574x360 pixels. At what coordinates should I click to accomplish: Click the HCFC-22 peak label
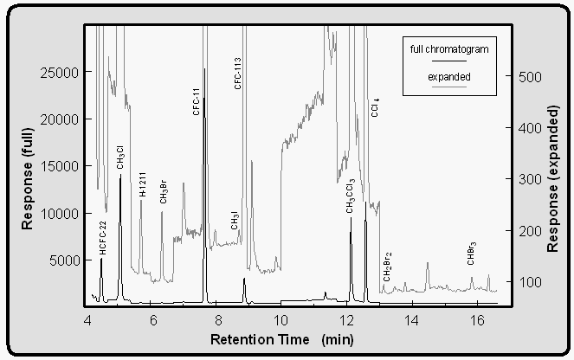tap(102, 236)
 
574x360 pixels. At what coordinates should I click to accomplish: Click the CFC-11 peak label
tap(197, 101)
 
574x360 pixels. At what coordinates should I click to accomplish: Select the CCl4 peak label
tap(375, 107)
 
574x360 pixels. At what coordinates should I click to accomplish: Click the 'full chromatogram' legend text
tap(449, 49)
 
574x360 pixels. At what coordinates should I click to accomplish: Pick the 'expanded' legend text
tap(449, 77)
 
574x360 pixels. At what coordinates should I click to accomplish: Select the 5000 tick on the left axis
tap(63, 260)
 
